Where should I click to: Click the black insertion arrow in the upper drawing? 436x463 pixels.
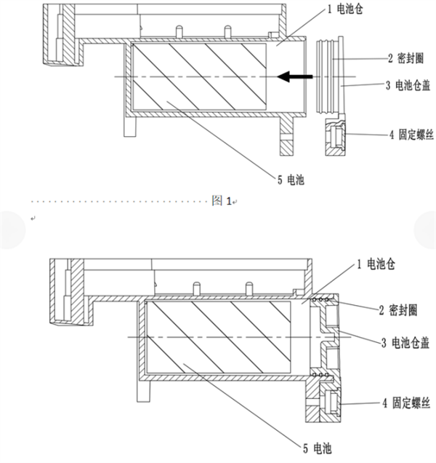coord(291,75)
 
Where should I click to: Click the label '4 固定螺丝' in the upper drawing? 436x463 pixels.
coord(412,133)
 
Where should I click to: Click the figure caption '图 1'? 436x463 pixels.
coord(222,201)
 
